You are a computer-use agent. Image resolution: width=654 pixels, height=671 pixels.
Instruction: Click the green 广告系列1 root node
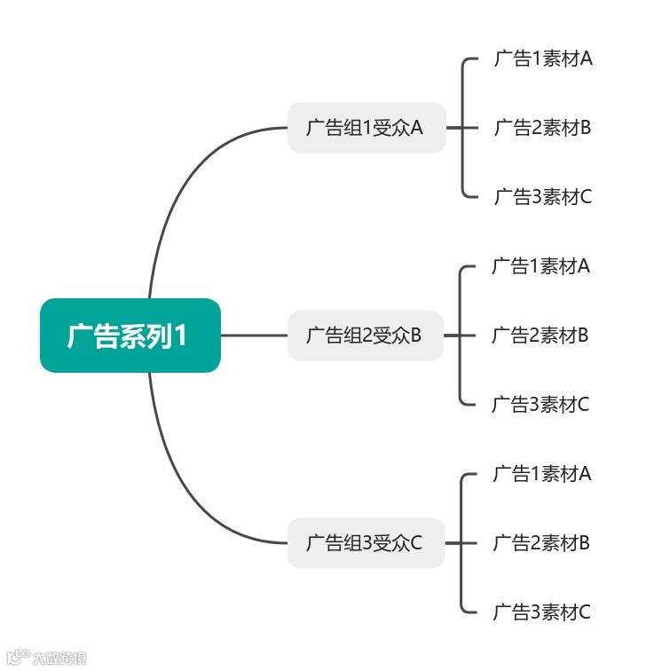(x=130, y=335)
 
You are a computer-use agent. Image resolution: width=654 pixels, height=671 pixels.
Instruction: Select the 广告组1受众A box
(x=366, y=128)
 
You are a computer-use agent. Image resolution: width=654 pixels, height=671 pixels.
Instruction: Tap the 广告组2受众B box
(x=365, y=335)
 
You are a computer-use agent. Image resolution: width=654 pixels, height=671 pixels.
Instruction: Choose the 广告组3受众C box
(x=365, y=542)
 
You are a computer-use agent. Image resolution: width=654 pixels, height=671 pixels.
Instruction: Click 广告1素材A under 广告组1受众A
(x=542, y=59)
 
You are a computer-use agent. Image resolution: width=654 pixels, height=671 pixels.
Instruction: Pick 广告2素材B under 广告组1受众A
(x=542, y=128)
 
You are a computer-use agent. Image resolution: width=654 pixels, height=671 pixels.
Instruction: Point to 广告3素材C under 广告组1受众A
(x=542, y=196)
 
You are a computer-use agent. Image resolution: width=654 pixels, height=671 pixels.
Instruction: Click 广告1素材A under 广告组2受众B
(x=540, y=266)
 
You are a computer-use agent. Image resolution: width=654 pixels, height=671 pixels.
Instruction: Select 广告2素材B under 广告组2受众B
(x=540, y=335)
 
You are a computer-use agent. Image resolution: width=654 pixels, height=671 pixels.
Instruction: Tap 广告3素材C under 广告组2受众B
(x=540, y=405)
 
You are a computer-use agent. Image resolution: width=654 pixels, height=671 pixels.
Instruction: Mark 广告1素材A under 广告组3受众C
(x=541, y=474)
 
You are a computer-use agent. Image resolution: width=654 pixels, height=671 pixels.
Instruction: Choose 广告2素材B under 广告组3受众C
(x=541, y=542)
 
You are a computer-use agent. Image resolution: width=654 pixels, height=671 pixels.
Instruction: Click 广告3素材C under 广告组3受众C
(x=541, y=612)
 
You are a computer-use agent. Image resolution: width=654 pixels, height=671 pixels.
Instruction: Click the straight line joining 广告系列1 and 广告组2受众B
(x=254, y=335)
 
